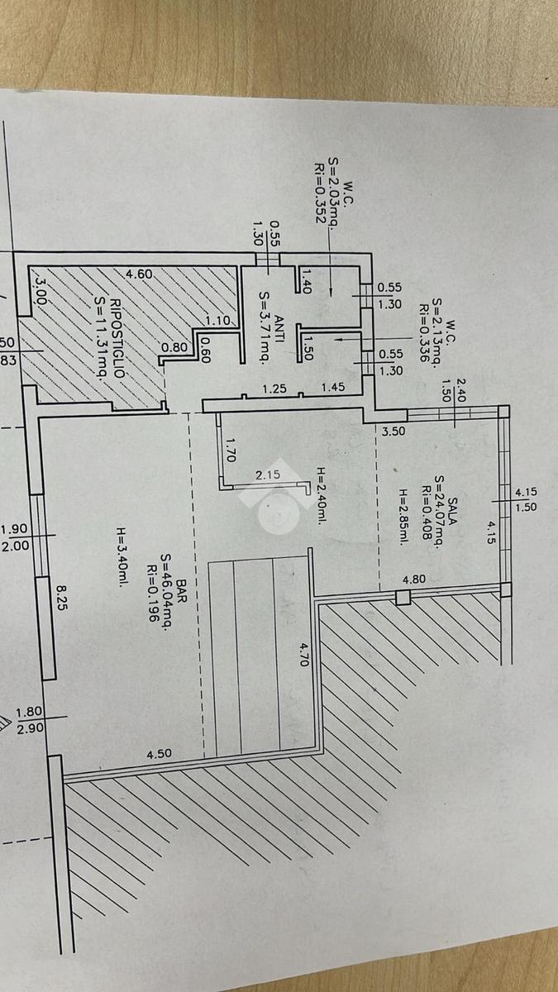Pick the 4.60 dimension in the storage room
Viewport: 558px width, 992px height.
point(138,274)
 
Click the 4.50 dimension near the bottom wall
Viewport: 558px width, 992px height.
point(159,754)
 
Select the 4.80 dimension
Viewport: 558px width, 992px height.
point(413,579)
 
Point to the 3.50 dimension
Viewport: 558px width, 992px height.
point(394,431)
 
